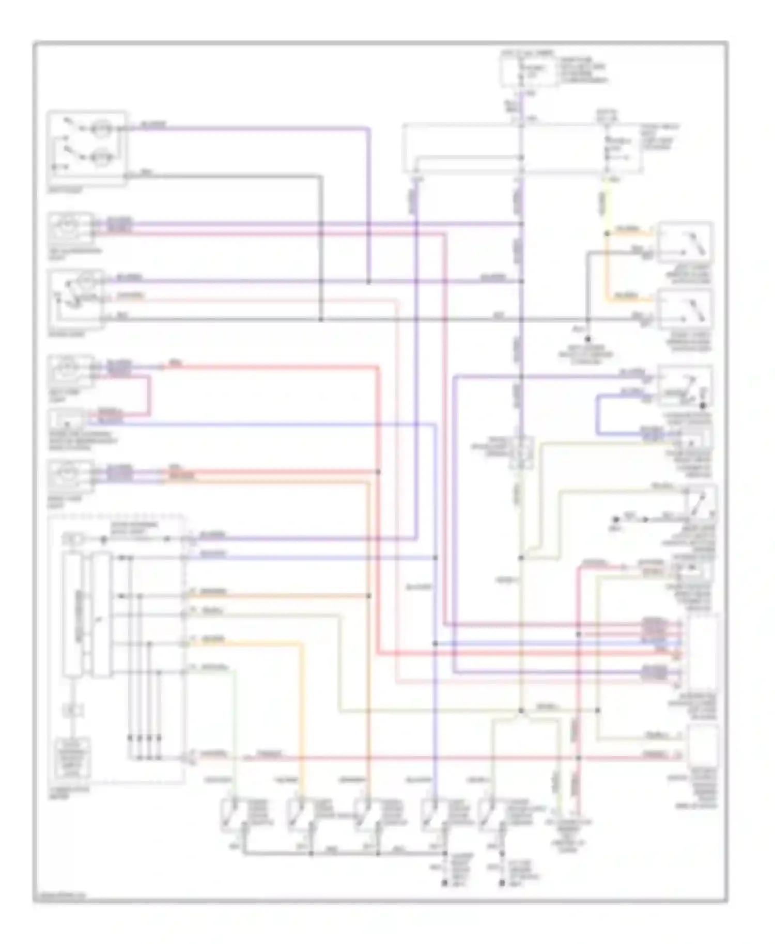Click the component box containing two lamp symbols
pyautogui.click(x=86, y=148)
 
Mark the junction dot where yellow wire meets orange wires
pyautogui.click(x=608, y=234)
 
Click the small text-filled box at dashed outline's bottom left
pyautogui.click(x=72, y=758)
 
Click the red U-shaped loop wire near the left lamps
pyautogui.click(x=149, y=396)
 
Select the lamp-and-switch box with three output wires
pyautogui.click(x=75, y=298)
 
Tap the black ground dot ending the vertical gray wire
pyautogui.click(x=587, y=339)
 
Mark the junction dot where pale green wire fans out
pyautogui.click(x=521, y=711)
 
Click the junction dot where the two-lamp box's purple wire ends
pyautogui.click(x=369, y=282)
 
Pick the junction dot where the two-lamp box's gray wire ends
pyautogui.click(x=321, y=320)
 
